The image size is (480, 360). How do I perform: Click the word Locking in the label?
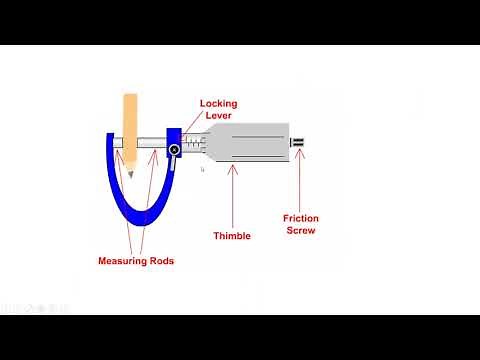(218, 103)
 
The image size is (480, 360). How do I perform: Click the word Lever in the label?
(218, 116)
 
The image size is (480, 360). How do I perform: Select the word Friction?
(300, 218)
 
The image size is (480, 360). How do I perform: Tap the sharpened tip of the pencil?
(129, 177)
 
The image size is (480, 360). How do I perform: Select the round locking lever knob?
(174, 151)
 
